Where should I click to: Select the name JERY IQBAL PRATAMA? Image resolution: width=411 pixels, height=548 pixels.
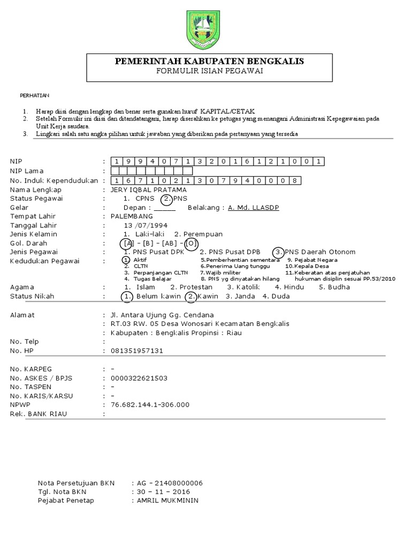148,190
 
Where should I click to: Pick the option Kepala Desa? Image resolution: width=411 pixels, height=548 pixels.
307,266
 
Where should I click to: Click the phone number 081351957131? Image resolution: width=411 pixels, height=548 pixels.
136,351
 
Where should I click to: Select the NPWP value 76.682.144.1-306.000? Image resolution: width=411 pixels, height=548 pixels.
150,405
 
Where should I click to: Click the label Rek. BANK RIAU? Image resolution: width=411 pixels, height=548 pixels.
39,414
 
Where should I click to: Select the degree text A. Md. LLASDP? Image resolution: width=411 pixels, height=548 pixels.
253,208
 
